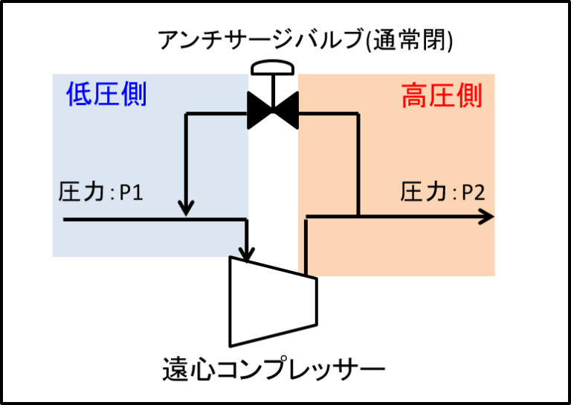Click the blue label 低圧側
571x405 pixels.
[x=106, y=95]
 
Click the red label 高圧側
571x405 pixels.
[x=442, y=97]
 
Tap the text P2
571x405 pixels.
[x=473, y=193]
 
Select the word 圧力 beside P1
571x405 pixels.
[x=82, y=193]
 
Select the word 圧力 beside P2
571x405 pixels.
[x=424, y=193]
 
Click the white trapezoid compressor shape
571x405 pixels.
[x=271, y=302]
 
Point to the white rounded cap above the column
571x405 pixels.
[x=272, y=68]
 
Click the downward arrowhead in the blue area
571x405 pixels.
[x=186, y=208]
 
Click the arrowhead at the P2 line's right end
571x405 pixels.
[x=487, y=217]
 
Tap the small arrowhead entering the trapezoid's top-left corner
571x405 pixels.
[x=242, y=253]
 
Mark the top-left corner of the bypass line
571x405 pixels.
[x=186, y=114]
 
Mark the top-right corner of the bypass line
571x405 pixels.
[x=358, y=114]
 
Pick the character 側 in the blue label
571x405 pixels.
[x=134, y=95]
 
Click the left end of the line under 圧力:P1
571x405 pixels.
[x=65, y=220]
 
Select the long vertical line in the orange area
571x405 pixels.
[x=358, y=164]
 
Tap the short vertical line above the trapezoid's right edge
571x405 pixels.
[x=306, y=246]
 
